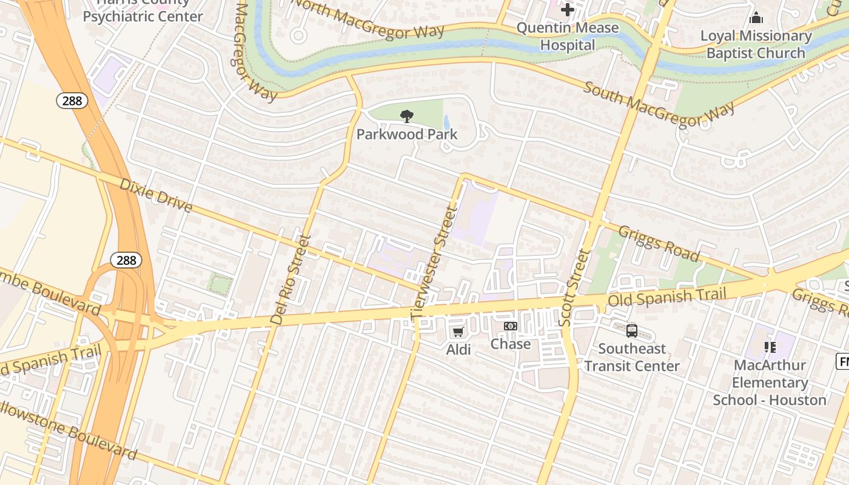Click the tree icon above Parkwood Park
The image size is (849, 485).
point(407,116)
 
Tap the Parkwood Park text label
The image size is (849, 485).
point(407,134)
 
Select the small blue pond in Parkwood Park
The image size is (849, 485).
point(447,123)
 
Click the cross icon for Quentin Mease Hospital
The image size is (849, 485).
point(568,10)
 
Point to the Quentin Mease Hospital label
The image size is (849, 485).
point(568,36)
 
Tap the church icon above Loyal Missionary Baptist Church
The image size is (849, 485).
point(756,18)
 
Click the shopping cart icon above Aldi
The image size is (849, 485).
point(458,332)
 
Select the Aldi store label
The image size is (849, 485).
point(458,349)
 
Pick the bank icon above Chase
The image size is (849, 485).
point(511,326)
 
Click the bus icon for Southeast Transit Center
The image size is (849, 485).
point(632,331)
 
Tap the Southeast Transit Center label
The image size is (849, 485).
point(632,357)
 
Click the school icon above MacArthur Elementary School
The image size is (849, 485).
point(770,347)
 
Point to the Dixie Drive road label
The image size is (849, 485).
point(156,195)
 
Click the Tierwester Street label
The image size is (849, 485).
point(433,263)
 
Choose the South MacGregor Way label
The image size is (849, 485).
point(659,104)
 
